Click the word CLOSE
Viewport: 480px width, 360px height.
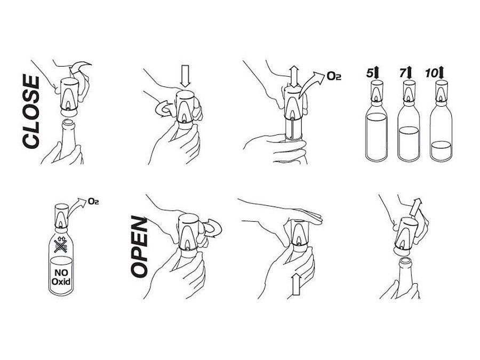coord(31,112)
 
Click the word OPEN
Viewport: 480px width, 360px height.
coord(139,247)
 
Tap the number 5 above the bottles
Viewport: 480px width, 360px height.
coord(370,74)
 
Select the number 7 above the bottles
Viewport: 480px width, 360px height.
coord(403,74)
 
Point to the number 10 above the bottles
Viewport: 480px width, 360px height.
coord(431,74)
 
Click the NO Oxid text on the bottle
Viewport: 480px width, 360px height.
coord(61,277)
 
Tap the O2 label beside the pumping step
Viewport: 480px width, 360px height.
coord(334,76)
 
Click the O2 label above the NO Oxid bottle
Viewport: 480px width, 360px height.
coord(93,201)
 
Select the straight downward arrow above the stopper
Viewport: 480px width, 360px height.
coord(185,75)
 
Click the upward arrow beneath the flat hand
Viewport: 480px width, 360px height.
coord(296,284)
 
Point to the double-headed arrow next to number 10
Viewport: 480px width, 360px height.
coord(441,73)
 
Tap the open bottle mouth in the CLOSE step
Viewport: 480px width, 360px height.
coord(68,123)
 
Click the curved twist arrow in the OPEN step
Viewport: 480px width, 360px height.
coord(213,228)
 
